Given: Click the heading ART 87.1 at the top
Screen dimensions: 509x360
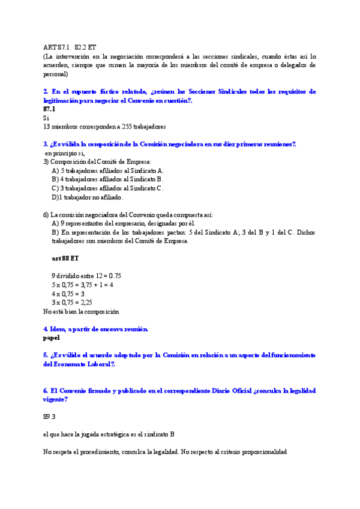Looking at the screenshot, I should point(56,46).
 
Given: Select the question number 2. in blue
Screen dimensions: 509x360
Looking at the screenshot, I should point(46,91).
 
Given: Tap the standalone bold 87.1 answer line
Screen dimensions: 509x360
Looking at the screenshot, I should point(49,109).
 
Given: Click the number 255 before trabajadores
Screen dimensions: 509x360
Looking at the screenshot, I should point(128,127).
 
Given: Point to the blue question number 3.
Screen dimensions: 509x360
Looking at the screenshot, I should point(46,144).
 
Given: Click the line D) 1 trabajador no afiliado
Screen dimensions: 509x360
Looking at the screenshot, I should point(88,197).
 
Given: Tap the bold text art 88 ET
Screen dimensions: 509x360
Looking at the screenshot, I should point(65,258).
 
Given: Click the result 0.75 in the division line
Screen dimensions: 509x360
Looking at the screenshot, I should point(113,276).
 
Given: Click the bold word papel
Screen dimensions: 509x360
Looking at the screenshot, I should point(52,338).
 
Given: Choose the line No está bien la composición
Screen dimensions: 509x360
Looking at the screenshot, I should point(81,312).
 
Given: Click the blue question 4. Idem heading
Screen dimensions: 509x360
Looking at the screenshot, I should point(95,329).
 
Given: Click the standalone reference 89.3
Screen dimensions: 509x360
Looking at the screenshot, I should point(49,416).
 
